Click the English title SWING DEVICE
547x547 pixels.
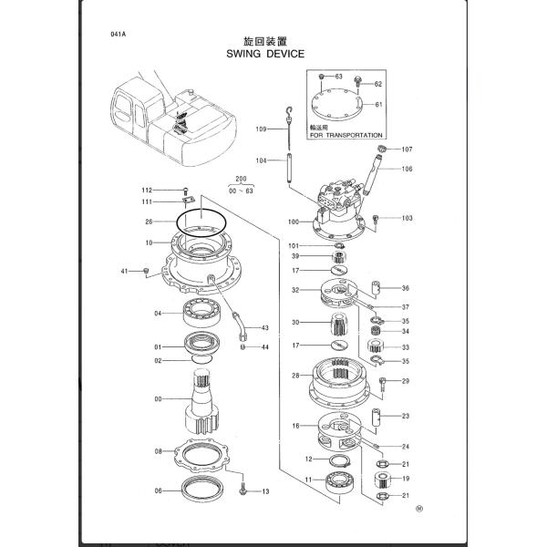point(265,54)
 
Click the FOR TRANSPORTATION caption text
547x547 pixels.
point(346,134)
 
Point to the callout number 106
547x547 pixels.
point(407,169)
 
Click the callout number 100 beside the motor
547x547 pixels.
point(293,222)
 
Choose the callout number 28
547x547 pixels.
point(295,376)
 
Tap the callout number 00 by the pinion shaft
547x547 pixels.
point(159,398)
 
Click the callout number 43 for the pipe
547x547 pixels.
point(265,328)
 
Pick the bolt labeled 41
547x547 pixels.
point(146,271)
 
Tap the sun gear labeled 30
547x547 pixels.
point(336,322)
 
